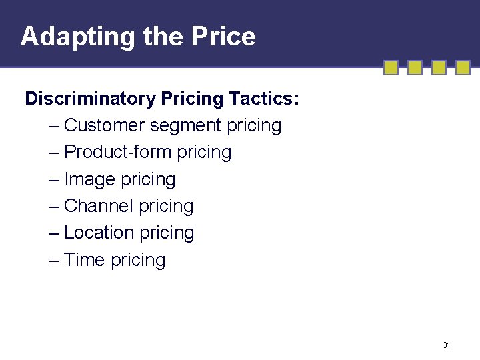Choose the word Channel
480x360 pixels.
coord(99,207)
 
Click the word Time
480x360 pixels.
coord(85,260)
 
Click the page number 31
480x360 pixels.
coord(447,345)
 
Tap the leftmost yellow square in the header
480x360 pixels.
coord(391,68)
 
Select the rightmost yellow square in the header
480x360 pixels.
coord(463,68)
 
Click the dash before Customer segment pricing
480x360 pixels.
coord(54,126)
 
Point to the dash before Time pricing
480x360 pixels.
coord(54,261)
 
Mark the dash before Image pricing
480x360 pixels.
coord(54,180)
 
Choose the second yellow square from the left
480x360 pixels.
coord(415,68)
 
